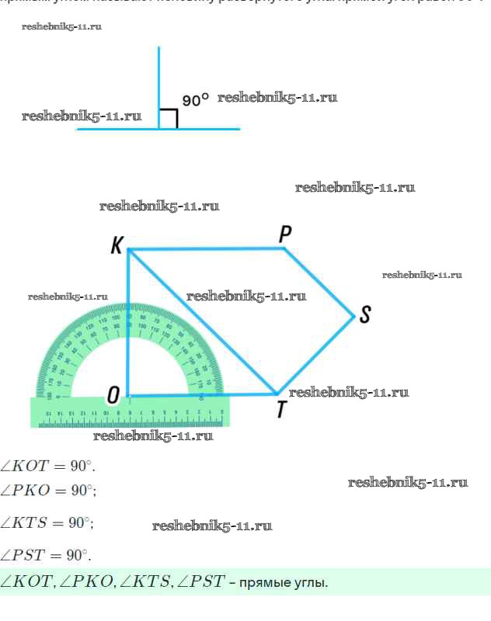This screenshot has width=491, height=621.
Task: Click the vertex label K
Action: [117, 246]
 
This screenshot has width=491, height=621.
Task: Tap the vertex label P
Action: [285, 233]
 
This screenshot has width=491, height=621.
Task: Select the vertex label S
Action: [365, 314]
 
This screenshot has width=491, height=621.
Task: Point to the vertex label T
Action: [281, 409]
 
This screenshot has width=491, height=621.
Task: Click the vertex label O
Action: [113, 396]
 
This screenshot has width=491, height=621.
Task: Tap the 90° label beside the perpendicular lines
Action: [196, 100]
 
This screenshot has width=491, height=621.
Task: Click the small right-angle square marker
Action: [169, 119]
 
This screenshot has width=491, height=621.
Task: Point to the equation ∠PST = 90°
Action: [46, 555]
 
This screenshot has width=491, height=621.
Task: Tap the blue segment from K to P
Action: [206, 249]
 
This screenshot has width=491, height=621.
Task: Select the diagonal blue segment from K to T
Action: [202, 321]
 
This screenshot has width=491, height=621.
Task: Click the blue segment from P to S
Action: [320, 283]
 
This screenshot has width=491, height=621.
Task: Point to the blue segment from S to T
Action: [316, 355]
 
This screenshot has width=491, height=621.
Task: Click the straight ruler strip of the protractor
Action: [128, 412]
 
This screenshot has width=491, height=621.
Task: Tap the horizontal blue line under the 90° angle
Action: [117, 129]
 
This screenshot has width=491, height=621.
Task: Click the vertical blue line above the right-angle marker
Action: [159, 78]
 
